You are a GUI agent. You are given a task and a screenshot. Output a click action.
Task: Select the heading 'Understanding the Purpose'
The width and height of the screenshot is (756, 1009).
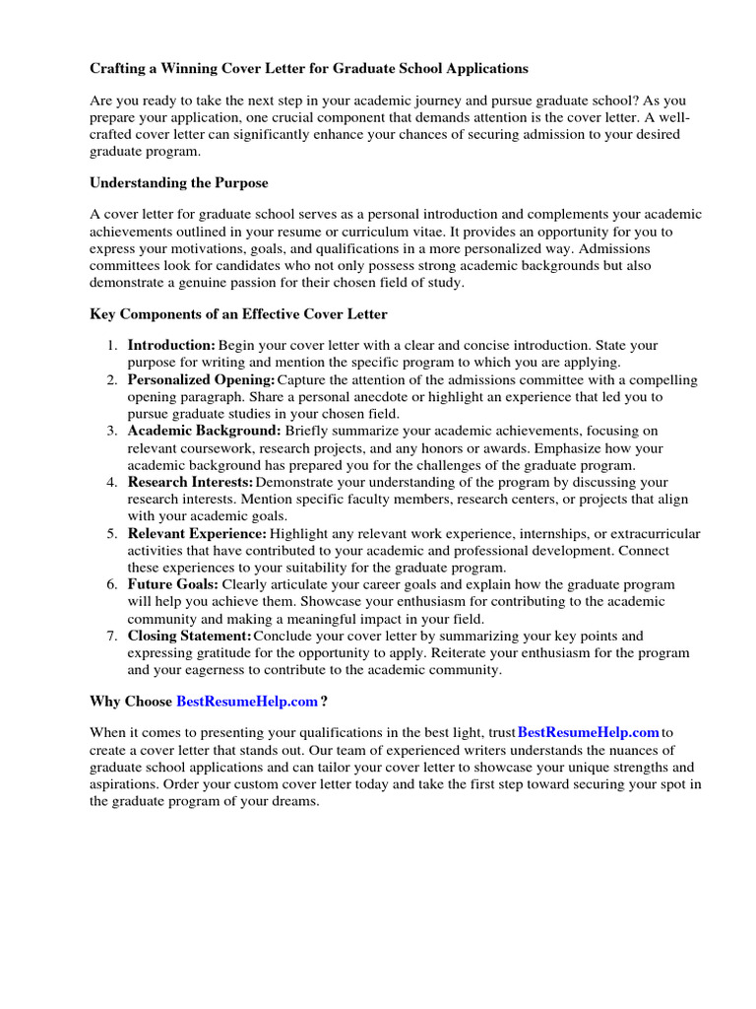[x=178, y=183]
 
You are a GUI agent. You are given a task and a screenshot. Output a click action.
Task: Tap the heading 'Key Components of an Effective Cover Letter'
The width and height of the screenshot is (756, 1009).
[x=238, y=314]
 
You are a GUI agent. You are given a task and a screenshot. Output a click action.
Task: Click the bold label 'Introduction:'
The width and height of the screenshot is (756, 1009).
[x=171, y=346]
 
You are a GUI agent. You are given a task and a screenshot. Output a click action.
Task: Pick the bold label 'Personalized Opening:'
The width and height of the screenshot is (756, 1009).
[x=201, y=380]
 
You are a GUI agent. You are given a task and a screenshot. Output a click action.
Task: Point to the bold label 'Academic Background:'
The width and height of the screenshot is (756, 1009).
[x=204, y=432]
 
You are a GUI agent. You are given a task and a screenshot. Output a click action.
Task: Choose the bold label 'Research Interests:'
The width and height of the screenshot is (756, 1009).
[x=190, y=483]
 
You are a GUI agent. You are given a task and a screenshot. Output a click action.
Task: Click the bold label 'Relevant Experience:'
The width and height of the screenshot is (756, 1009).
[x=197, y=534]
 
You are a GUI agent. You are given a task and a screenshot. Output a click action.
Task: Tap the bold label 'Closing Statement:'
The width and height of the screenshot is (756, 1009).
[x=190, y=637]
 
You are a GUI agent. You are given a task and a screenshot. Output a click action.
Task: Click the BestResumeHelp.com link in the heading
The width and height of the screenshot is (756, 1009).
[x=247, y=702]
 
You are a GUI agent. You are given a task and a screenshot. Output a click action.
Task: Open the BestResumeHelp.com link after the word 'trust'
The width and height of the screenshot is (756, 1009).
[x=589, y=733]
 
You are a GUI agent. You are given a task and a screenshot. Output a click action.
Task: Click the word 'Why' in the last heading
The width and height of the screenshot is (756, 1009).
[x=105, y=702]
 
